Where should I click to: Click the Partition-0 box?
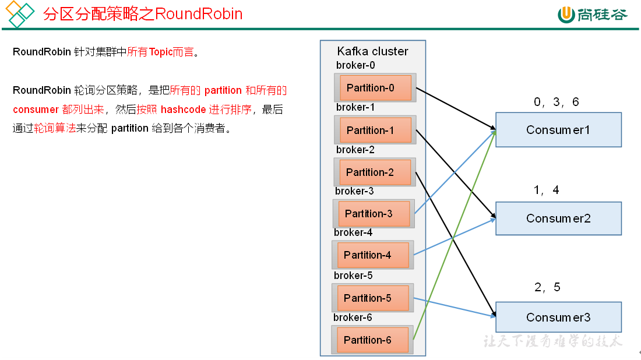375,88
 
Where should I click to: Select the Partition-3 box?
374,214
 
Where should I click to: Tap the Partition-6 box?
372,340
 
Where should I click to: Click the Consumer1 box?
558,130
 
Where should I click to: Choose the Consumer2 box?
558,218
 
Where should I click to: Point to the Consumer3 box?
558,317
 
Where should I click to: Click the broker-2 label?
355,150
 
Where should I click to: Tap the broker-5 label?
353,276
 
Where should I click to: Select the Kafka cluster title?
373,51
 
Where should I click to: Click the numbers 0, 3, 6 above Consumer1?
557,103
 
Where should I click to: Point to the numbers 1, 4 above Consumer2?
547,190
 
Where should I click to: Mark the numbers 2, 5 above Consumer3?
547,287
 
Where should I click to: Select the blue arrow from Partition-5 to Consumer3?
455,308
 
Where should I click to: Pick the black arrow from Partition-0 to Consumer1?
455,108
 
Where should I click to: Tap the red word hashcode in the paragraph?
183,110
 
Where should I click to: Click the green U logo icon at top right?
566,15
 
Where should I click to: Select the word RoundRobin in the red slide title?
199,14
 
